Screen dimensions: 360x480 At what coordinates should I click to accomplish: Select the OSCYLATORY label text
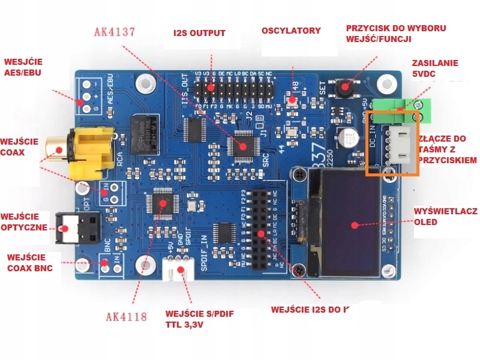coord(291,31)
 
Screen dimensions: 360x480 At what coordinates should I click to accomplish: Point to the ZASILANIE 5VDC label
coord(435,68)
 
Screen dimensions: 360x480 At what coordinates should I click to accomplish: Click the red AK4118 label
coord(126,317)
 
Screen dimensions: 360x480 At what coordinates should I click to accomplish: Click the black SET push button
coord(344,89)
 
